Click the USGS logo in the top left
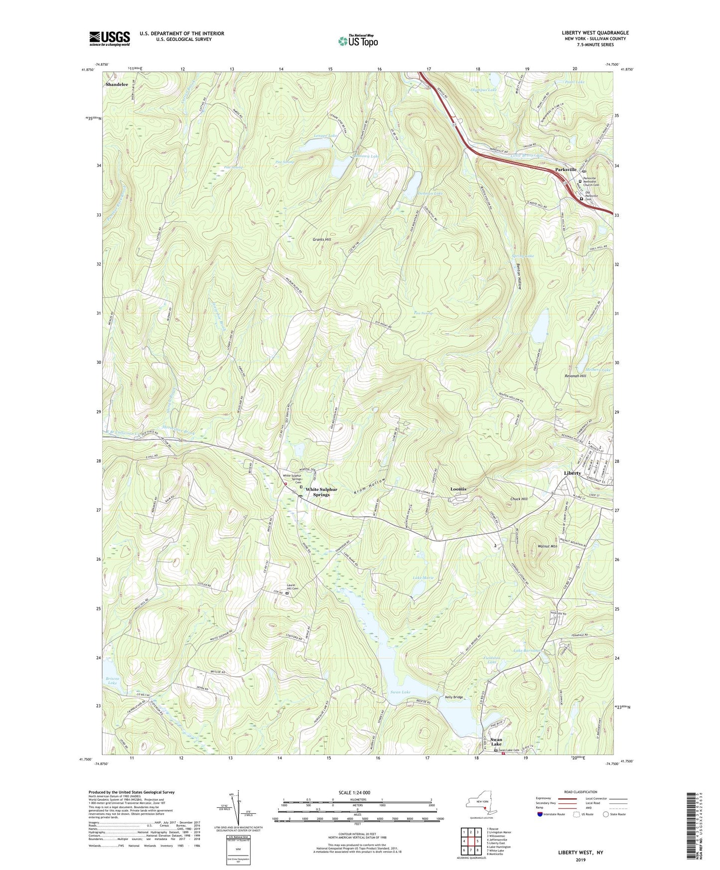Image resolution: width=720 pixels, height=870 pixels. coord(110,38)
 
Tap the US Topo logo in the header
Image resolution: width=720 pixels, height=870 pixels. coord(357,41)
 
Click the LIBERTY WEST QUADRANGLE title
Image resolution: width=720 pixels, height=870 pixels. coord(595,33)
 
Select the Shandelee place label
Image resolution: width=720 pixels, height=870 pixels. coord(117,85)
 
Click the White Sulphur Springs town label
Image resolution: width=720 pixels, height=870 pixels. coord(321,492)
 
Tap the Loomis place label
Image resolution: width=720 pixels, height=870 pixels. coord(458,489)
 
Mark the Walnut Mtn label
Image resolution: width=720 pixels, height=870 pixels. coord(547,547)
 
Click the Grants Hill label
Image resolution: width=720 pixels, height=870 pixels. coord(322,240)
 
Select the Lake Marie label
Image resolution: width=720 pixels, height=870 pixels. coord(423,578)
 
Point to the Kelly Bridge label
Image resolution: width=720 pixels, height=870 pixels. coord(454,697)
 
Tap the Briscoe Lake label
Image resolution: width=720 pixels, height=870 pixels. coord(113,680)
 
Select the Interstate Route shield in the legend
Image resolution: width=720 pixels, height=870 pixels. coord(540,828)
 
